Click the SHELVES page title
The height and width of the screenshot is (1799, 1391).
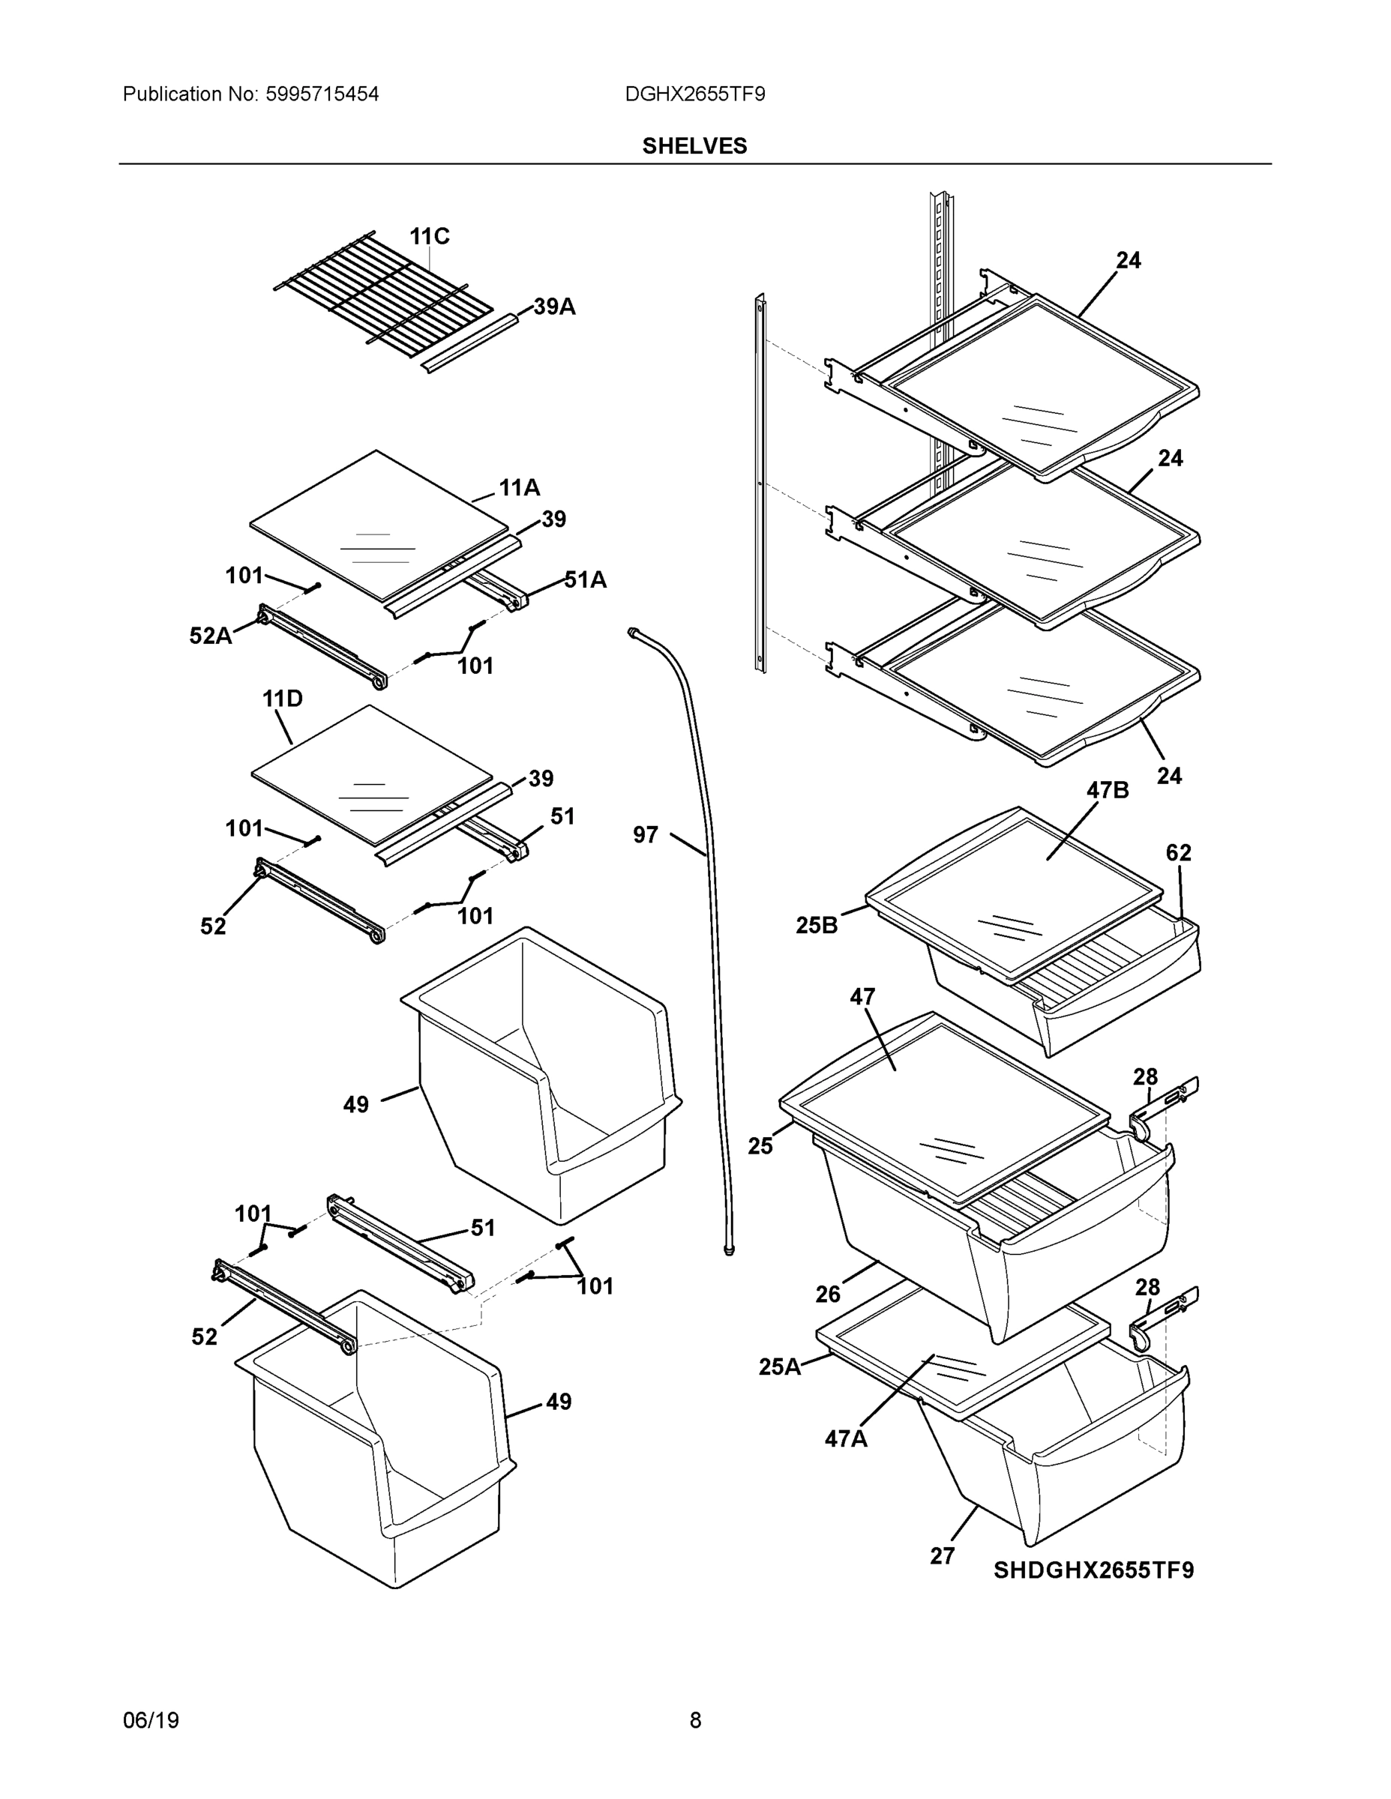pos(694,146)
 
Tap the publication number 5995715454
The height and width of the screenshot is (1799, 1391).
pos(322,94)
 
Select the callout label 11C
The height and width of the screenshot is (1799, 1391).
pos(430,237)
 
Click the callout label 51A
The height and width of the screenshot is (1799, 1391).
pos(585,580)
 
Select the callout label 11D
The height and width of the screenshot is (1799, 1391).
pos(282,699)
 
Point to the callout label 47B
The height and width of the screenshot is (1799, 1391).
pos(1107,790)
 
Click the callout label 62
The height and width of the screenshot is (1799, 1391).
pos(1178,852)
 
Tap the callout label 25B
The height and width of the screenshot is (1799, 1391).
pos(816,925)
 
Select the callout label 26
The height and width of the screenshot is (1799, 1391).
pos(827,1294)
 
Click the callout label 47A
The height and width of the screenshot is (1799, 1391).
pos(846,1438)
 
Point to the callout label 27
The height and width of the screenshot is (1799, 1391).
pos(942,1556)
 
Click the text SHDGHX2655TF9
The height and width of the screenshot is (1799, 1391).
pos(1093,1570)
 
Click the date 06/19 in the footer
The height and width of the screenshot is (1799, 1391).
pos(151,1720)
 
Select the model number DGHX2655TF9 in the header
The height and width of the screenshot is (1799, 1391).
pos(694,94)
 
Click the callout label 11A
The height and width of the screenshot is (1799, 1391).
pos(519,489)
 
